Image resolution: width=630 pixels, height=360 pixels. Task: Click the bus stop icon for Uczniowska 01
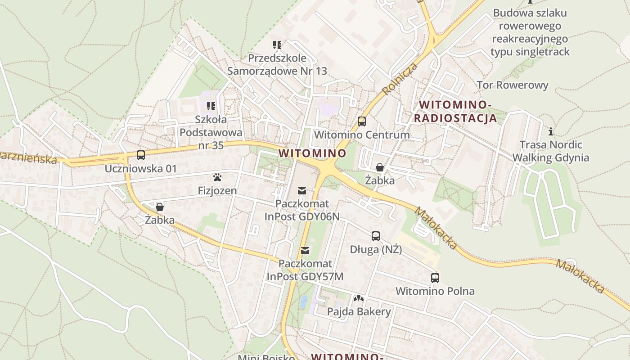pos(141,155)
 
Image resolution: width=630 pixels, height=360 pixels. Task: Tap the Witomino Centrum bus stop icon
pos(362,121)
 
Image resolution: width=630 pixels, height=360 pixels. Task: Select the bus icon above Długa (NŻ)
pos(376,236)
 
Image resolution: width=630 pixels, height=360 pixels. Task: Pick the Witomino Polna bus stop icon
pos(435,278)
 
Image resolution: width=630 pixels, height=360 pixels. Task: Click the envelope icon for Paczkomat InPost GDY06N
pos(301,191)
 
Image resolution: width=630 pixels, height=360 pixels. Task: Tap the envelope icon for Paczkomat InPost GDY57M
pos(305,250)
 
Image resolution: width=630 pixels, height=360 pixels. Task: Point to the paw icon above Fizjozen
pos(217,177)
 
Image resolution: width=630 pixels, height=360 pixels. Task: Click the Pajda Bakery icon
pos(359,298)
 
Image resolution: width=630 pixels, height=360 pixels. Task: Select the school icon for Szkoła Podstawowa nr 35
pos(211,106)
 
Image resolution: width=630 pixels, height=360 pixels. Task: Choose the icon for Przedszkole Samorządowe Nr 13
pos(277,45)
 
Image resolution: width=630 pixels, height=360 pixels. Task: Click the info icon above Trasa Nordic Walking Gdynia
pos(550,131)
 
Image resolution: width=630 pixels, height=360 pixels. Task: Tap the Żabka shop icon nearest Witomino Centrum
pos(380,167)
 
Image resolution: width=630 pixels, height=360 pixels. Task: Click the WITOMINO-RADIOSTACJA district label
pos(455,112)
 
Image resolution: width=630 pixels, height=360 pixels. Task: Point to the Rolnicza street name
pos(400,79)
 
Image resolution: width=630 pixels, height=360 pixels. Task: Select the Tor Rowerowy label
pos(513,85)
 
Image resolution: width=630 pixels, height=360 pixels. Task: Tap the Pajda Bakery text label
pos(359,311)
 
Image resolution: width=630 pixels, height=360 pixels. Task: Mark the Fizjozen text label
pos(217,191)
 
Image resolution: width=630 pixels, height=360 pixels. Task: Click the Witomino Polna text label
pos(435,291)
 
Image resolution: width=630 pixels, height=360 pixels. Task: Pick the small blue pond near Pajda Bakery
pos(304,301)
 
